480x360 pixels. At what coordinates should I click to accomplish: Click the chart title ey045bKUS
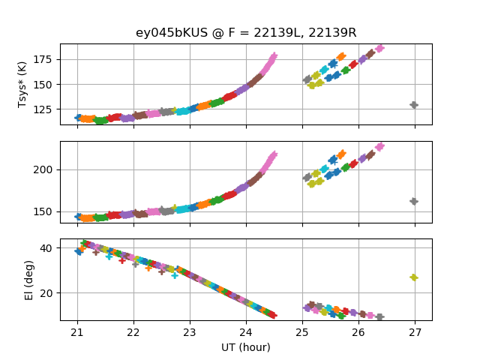[x=172, y=32]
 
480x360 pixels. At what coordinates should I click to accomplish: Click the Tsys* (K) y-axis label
[x=22, y=85]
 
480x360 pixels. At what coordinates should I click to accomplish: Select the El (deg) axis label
[x=29, y=280]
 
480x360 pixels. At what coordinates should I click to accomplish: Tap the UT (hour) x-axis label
[x=246, y=347]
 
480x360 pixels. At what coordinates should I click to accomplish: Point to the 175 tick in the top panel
[x=42, y=59]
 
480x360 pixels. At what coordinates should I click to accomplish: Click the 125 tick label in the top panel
[x=42, y=109]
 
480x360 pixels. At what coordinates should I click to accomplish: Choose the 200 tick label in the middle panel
[x=42, y=169]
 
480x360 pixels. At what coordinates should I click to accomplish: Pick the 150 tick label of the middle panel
[x=42, y=211]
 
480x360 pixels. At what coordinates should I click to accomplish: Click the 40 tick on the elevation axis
[x=46, y=248]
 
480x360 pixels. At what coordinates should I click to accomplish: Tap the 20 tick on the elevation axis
[x=46, y=293]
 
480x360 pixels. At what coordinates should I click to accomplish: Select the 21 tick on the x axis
[x=77, y=332]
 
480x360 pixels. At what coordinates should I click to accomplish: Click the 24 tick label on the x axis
[x=246, y=332]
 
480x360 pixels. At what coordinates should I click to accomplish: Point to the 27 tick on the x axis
[x=415, y=332]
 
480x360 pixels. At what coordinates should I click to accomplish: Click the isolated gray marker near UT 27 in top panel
[x=414, y=105]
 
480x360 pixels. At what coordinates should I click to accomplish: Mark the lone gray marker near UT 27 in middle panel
[x=414, y=202]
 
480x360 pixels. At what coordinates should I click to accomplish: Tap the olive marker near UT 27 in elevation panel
[x=414, y=277]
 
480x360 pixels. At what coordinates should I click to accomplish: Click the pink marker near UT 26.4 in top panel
[x=379, y=48]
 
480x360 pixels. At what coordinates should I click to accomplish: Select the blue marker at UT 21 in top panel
[x=78, y=118]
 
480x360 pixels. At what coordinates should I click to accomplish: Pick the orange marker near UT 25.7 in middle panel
[x=341, y=154]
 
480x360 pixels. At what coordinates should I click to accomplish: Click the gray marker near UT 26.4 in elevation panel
[x=379, y=316]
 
